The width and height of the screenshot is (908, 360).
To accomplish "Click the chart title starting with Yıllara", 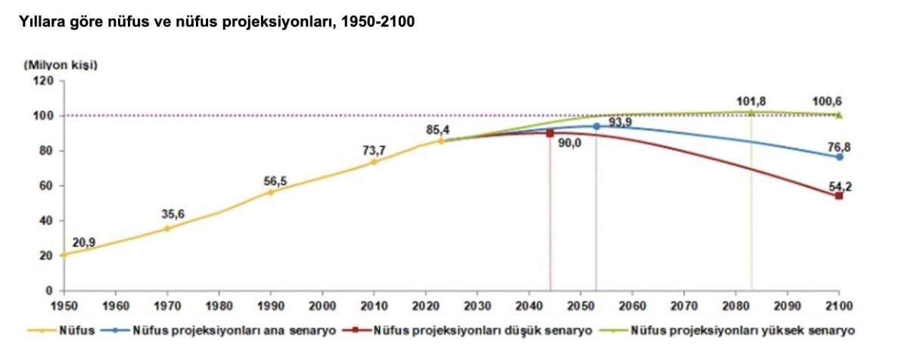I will click(210, 22).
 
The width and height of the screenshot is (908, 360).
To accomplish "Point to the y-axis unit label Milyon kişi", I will click(61, 64).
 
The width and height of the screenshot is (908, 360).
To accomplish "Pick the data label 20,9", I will click(85, 243).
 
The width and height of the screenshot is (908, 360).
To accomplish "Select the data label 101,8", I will click(750, 101).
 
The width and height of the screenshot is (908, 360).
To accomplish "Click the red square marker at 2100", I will click(839, 196).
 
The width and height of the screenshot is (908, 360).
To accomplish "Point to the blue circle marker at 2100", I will click(839, 157).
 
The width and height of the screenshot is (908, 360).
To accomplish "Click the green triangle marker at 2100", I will click(839, 115).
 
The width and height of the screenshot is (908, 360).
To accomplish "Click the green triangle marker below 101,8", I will click(751, 112).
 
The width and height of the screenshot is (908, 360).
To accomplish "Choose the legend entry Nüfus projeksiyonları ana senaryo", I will click(233, 331).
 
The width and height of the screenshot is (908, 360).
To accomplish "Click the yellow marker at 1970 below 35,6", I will click(167, 228).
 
